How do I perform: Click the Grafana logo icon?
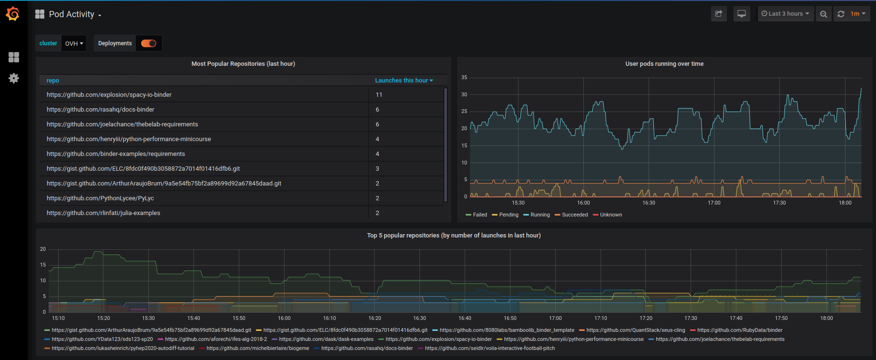[13, 14]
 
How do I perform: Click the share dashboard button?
[719, 14]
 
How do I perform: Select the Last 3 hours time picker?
[785, 14]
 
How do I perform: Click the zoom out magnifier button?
[824, 14]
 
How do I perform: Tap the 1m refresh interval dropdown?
[858, 14]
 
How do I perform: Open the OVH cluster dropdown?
[74, 43]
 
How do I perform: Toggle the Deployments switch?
[149, 43]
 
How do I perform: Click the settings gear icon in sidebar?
[14, 78]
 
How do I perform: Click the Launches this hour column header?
[404, 81]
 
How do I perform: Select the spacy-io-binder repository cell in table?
[109, 95]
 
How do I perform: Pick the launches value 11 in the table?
[379, 95]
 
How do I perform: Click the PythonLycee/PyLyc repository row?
[100, 198]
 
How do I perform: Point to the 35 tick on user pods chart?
[464, 77]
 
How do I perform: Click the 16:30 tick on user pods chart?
[649, 203]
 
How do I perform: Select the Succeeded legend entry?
[574, 215]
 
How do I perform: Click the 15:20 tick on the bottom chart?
[103, 318]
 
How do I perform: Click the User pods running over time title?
[664, 64]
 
